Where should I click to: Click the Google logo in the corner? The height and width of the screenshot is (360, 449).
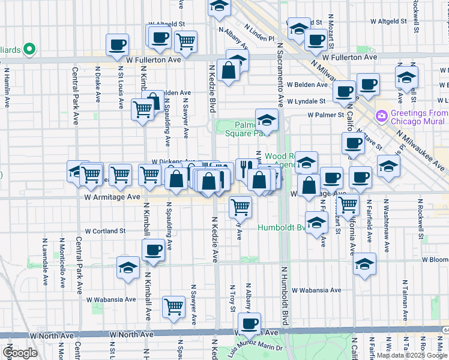(x=20, y=353)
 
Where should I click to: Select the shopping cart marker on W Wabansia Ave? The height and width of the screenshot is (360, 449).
(x=173, y=306)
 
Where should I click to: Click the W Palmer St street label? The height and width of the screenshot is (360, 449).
(x=325, y=114)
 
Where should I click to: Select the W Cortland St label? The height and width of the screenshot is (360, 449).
(x=105, y=230)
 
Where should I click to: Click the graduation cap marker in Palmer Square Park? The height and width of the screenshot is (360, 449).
(x=267, y=118)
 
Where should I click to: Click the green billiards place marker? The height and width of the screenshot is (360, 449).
(x=28, y=49)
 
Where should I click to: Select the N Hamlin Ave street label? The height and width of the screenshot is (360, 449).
(x=6, y=88)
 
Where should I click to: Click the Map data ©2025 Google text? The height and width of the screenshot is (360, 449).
(x=412, y=355)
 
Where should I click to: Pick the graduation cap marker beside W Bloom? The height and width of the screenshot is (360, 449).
(x=364, y=263)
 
